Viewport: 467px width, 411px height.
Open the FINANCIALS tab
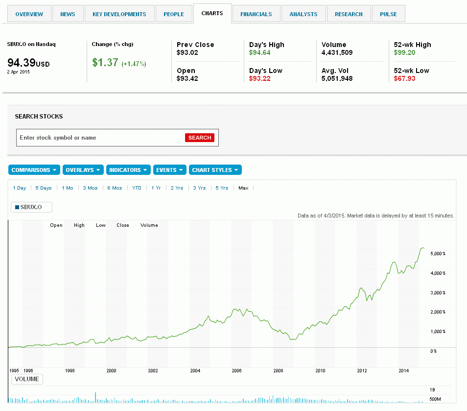point(256,14)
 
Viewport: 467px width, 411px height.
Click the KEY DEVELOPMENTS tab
point(119,14)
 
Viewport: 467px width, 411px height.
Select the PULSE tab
point(388,14)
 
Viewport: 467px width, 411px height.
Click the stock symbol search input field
point(101,138)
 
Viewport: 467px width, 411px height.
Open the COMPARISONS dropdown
point(34,170)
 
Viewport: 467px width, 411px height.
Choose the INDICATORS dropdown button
point(128,170)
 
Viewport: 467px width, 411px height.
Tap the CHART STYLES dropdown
point(215,170)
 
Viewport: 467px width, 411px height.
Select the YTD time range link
point(137,188)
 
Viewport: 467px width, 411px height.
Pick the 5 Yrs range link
point(222,188)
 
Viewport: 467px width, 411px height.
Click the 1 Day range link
point(20,188)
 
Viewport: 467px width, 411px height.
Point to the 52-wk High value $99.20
point(404,52)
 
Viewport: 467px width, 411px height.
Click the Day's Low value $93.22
point(259,78)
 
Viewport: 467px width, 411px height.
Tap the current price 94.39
point(21,63)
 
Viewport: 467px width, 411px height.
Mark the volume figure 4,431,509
point(337,52)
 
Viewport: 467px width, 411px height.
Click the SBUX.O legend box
point(31,207)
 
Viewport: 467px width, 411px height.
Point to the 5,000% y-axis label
point(438,253)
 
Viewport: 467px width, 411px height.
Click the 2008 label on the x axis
point(278,371)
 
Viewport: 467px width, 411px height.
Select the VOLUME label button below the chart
point(27,379)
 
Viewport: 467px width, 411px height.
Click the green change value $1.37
point(105,63)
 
